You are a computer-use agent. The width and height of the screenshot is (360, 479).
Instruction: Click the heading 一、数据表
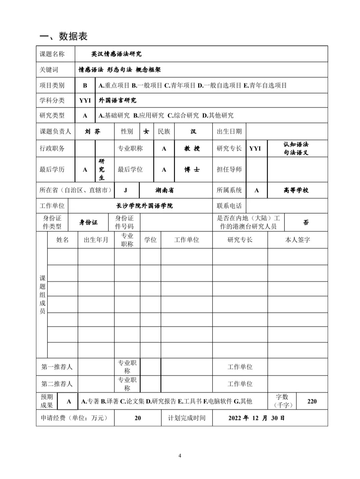click(x=63, y=36)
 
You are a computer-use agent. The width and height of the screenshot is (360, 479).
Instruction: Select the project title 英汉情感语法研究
click(x=117, y=54)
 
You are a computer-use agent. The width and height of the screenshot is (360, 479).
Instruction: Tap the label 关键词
click(x=49, y=70)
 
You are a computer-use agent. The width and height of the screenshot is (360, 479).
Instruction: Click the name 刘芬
click(x=92, y=131)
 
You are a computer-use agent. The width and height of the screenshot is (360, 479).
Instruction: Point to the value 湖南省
click(x=164, y=190)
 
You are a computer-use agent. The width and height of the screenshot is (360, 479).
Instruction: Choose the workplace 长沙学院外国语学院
click(x=144, y=206)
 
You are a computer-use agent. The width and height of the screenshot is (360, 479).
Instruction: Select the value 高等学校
click(x=296, y=190)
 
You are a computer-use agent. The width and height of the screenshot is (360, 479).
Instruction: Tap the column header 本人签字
click(x=297, y=240)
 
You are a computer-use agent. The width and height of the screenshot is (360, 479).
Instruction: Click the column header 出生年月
click(x=96, y=240)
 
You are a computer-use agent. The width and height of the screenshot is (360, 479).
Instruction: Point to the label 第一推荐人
click(x=57, y=367)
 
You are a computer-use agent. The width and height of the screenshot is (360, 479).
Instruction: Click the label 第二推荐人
click(x=57, y=384)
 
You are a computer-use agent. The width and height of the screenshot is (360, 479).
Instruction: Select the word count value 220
click(x=312, y=401)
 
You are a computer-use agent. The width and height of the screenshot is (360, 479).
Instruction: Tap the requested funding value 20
click(x=138, y=418)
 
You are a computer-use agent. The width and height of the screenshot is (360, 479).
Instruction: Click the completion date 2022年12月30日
click(x=256, y=418)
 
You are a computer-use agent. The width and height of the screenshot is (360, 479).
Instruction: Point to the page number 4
click(x=180, y=456)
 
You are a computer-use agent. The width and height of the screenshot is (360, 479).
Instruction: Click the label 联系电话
click(x=229, y=206)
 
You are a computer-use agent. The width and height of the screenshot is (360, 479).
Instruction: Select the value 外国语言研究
click(x=117, y=100)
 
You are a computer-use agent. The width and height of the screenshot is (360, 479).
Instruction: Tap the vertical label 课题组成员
click(x=42, y=294)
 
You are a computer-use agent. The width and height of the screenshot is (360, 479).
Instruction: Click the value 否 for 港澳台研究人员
click(x=306, y=222)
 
